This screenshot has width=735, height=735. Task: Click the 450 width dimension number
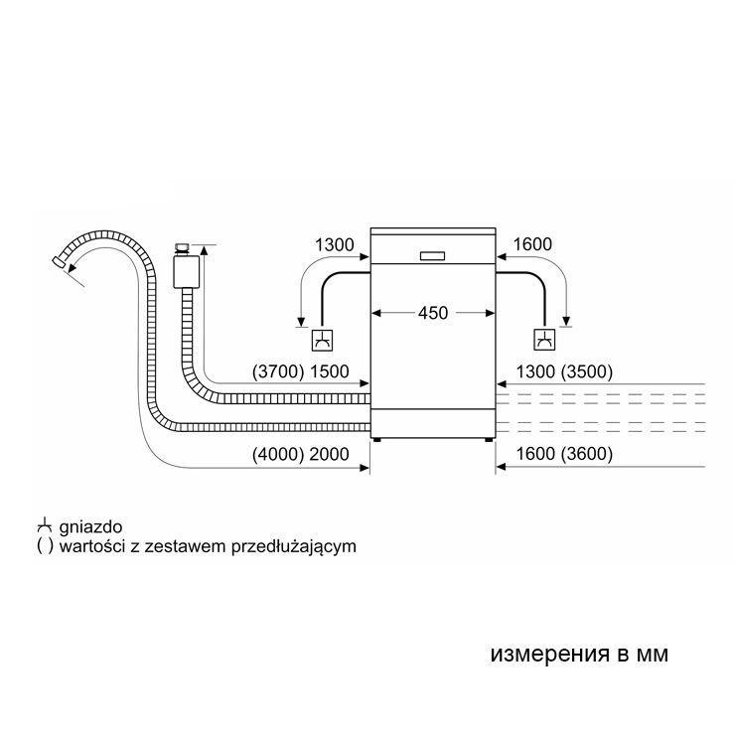432,313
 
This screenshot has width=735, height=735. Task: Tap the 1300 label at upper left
333,244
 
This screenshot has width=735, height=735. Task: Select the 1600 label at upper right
531,244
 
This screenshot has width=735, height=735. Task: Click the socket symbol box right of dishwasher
543,340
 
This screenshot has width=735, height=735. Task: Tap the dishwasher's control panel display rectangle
433,255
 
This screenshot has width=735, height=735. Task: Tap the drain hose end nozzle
61,263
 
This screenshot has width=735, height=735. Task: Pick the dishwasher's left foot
376,440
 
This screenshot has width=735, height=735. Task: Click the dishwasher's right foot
489,440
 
